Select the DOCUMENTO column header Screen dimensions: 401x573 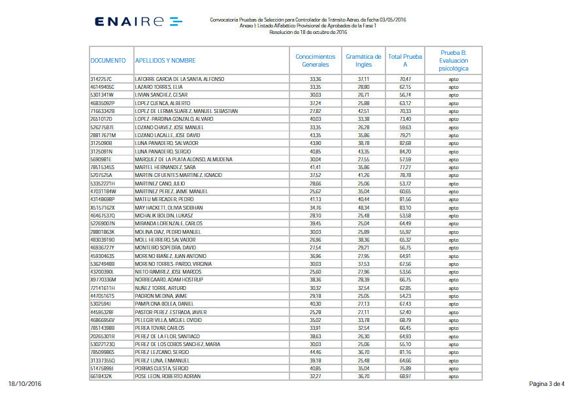click(x=108, y=60)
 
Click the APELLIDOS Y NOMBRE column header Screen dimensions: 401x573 click(x=165, y=60)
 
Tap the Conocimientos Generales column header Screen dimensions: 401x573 click(x=315, y=60)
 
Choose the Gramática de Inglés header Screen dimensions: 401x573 click(x=363, y=60)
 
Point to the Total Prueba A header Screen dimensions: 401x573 click(x=405, y=60)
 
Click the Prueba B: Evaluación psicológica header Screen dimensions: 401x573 click(x=453, y=60)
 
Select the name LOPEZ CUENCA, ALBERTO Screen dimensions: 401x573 click(x=162, y=103)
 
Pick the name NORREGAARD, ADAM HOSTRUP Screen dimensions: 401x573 click(x=167, y=280)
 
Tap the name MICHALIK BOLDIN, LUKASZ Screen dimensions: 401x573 click(x=163, y=216)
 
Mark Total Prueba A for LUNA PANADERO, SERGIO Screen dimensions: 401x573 click(x=405, y=152)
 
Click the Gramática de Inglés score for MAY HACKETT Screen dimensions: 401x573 click(x=363, y=208)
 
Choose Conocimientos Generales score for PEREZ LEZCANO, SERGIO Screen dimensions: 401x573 click(x=315, y=353)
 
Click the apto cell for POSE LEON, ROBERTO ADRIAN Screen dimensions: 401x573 click(x=453, y=377)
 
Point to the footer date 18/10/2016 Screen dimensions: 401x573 click(x=25, y=384)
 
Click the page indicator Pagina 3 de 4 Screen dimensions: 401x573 click(x=546, y=384)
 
